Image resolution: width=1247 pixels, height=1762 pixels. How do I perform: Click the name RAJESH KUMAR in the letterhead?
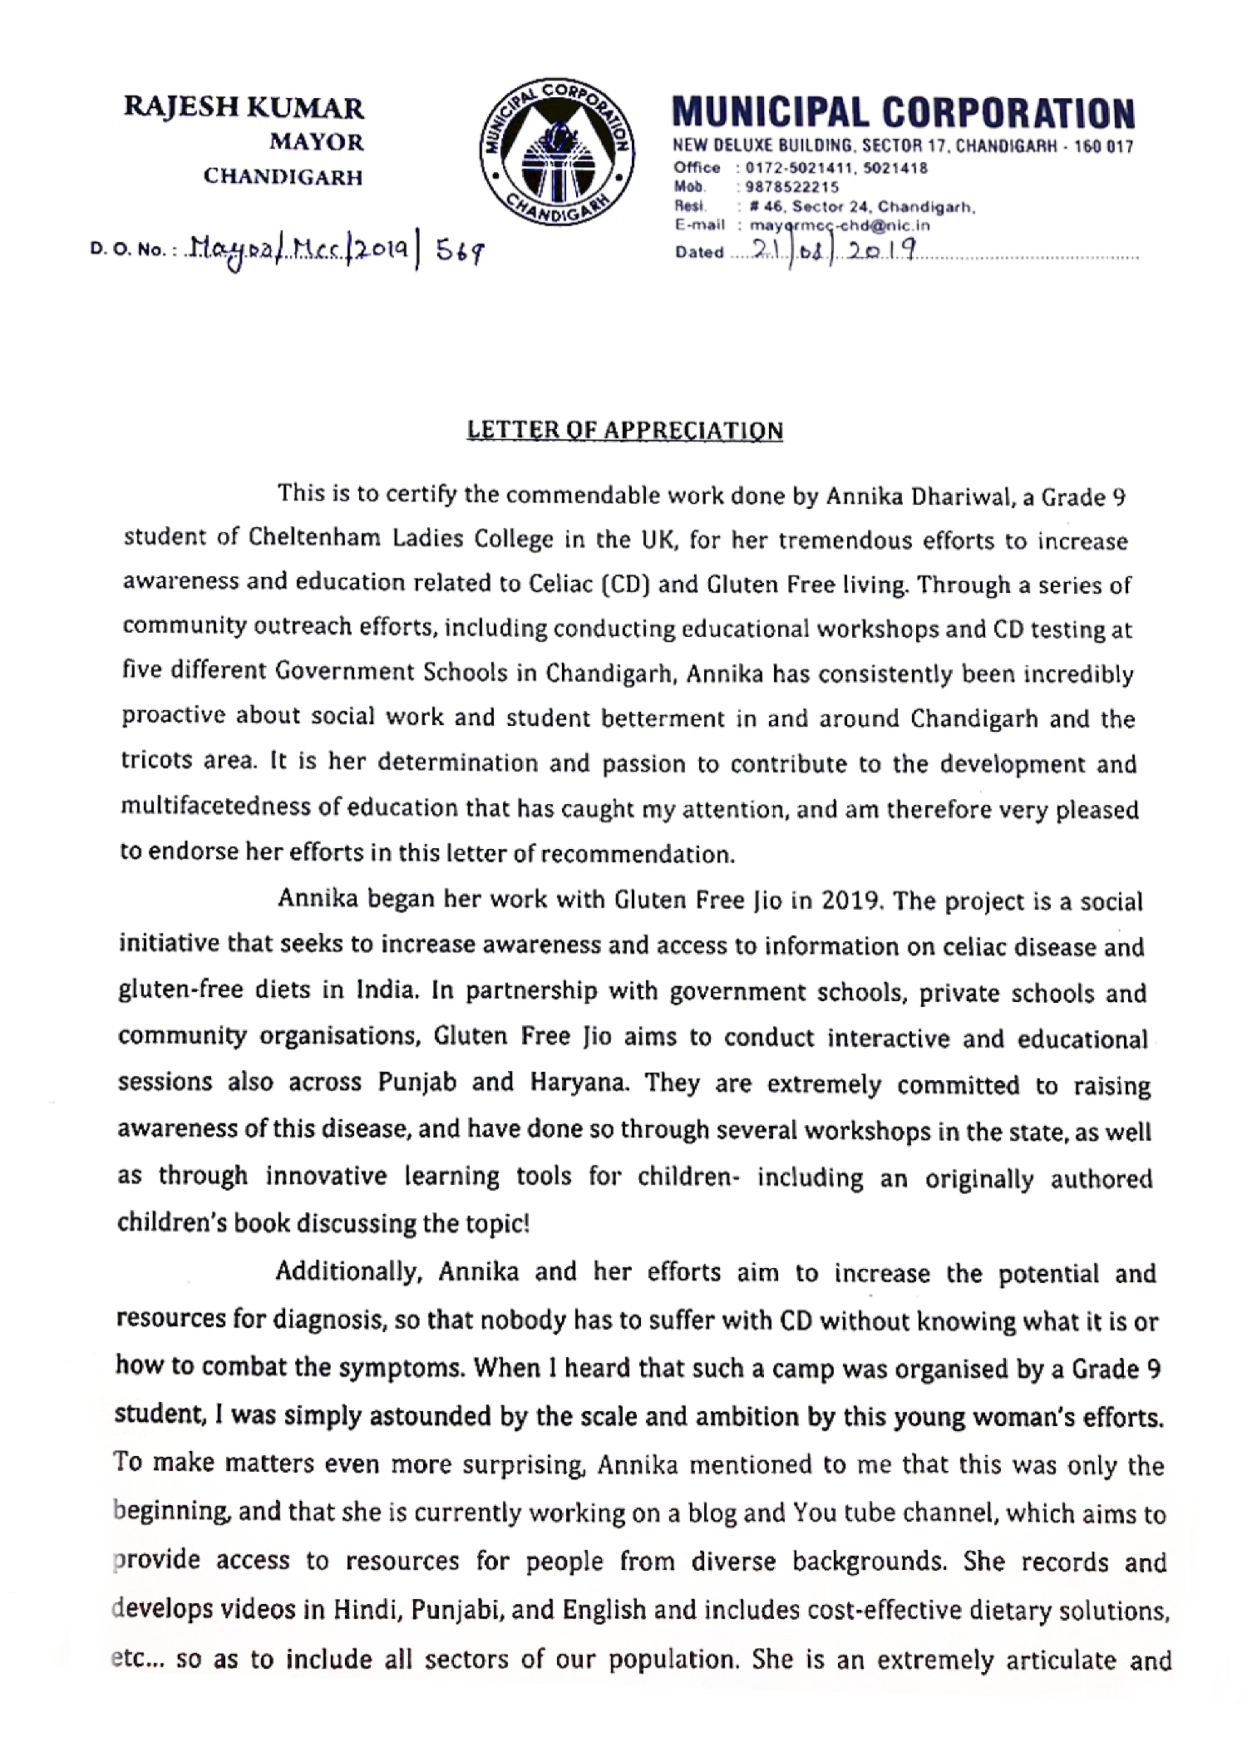pos(244,108)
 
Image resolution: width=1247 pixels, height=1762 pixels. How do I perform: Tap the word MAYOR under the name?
pos(316,143)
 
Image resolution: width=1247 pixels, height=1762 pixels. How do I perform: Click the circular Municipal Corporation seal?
pos(558,158)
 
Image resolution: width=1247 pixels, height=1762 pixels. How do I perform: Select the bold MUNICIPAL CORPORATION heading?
pos(904,114)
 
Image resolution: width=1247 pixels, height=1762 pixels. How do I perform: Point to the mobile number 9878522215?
pos(792,187)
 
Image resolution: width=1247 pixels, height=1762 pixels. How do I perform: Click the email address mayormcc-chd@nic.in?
pos(840,225)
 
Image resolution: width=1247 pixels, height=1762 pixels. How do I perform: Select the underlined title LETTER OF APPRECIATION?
pos(625,431)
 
